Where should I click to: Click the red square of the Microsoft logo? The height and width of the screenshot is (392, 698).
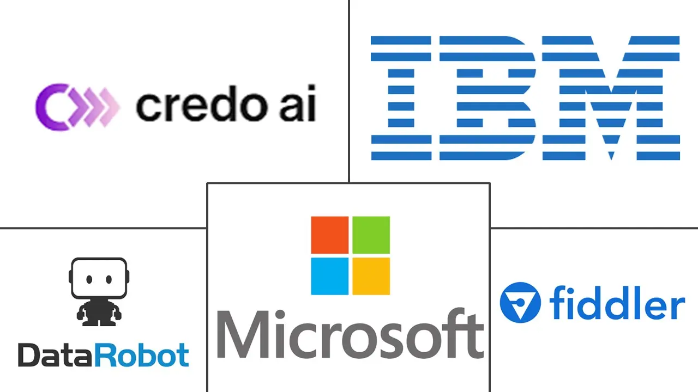330,235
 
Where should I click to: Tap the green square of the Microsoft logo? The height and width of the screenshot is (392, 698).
371,235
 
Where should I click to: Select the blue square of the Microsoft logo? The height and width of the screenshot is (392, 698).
330,276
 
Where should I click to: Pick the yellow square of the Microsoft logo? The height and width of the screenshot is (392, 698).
371,276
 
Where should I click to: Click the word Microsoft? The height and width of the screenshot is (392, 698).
350,334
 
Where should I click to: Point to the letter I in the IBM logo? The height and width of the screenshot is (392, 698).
401,98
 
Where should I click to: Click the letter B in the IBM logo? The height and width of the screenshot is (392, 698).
488,98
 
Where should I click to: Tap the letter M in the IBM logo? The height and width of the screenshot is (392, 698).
611,98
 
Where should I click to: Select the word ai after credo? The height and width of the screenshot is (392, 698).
298,103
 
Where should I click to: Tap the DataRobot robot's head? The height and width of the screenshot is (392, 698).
99,278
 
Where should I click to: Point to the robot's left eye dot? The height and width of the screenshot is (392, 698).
89,279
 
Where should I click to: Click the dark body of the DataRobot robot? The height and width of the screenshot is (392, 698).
99,311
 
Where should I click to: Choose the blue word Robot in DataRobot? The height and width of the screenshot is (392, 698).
142,355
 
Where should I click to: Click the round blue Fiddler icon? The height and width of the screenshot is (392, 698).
520,302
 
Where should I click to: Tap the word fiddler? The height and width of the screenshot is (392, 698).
617,303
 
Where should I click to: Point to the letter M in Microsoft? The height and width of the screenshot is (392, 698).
243,334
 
